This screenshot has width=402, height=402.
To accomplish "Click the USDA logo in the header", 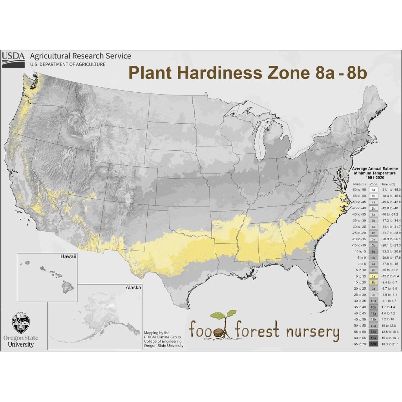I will tap(13, 59).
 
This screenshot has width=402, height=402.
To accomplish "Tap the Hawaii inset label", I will tap(68, 256).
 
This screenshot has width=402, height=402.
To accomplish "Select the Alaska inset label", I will tap(133, 287).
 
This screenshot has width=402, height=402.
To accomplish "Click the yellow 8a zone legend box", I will tap(374, 276).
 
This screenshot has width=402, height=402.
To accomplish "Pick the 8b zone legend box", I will tap(374, 282).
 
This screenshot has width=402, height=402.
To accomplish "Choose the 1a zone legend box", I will tap(374, 190).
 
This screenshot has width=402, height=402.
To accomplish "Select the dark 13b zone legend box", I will tap(374, 344).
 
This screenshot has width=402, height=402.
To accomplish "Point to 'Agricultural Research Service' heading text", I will tap(80, 56).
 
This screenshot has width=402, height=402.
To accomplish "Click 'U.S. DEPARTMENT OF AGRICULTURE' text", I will tap(68, 64).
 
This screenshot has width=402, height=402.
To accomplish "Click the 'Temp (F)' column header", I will tap(359, 184).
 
